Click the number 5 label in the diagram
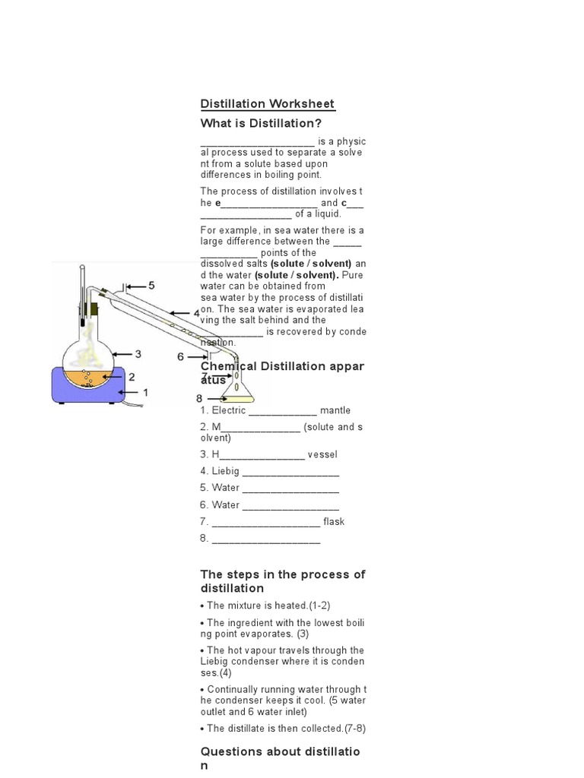pos(151,286)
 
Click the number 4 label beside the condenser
pos(196,313)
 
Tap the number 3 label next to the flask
pos(138,353)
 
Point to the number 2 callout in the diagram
pos(132,376)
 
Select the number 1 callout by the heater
pos(146,392)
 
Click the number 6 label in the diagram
pos(180,356)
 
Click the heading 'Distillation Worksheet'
pos(267,104)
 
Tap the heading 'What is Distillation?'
pos(256,123)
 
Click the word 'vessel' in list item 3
pos(323,454)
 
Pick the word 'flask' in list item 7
pos(334,521)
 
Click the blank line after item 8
pos(266,539)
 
